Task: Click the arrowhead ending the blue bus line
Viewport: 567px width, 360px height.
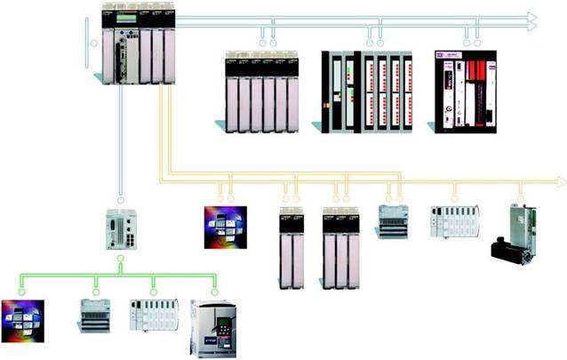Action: pyautogui.click(x=531, y=20)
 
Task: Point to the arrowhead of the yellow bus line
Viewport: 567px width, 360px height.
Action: pyautogui.click(x=560, y=181)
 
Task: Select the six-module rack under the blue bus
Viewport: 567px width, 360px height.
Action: pyautogui.click(x=261, y=92)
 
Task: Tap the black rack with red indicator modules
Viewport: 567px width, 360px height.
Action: pyautogui.click(x=367, y=92)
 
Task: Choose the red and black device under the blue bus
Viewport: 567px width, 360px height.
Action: pyautogui.click(x=465, y=92)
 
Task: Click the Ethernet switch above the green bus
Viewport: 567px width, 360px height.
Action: pyautogui.click(x=120, y=229)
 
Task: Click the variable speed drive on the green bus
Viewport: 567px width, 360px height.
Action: pyautogui.click(x=212, y=329)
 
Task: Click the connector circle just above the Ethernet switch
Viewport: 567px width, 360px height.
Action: pyautogui.click(x=120, y=199)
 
